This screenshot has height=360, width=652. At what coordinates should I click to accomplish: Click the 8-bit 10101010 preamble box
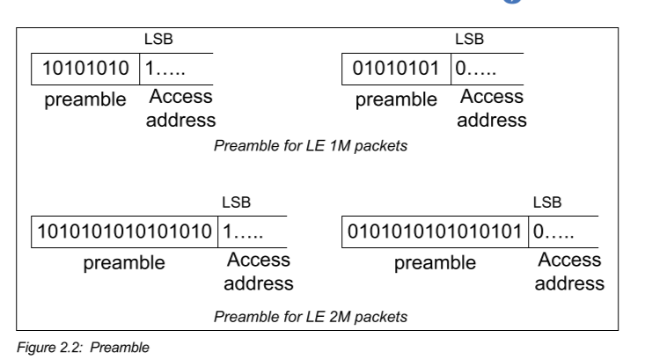[85, 68]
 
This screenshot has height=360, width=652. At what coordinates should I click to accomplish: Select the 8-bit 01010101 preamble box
[396, 68]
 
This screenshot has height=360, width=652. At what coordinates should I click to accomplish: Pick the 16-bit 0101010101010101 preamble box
[434, 231]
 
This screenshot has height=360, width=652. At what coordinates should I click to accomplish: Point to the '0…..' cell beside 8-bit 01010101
[480, 68]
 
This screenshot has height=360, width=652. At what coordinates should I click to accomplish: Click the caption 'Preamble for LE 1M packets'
[311, 144]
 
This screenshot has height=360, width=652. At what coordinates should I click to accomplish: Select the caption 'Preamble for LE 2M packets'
[311, 314]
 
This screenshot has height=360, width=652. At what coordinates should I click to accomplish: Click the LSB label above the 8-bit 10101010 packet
[156, 39]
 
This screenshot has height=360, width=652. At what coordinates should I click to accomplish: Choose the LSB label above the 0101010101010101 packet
[547, 202]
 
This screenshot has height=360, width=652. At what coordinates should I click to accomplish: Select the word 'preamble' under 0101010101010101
[434, 263]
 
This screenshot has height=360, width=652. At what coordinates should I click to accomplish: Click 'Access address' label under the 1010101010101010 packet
[258, 272]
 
